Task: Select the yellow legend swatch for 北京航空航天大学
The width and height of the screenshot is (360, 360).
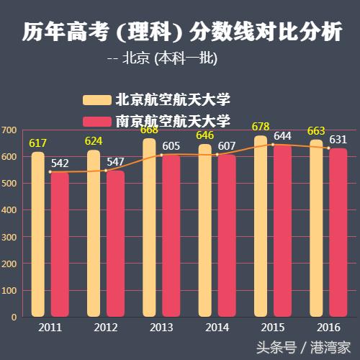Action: pyautogui.click(x=96, y=100)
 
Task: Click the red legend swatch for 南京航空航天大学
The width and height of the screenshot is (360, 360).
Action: pyautogui.click(x=96, y=120)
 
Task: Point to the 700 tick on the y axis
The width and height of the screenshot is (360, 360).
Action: pyautogui.click(x=9, y=130)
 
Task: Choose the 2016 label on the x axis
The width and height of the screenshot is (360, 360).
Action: pyautogui.click(x=328, y=328)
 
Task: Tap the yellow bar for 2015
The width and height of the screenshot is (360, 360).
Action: pyautogui.click(x=261, y=226)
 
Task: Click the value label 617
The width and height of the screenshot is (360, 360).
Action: pyautogui.click(x=37, y=144)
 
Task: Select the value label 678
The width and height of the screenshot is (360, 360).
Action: pyautogui.click(x=261, y=127)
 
